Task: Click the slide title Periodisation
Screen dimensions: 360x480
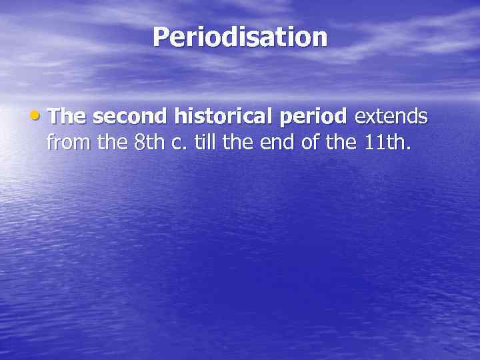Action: click(x=240, y=37)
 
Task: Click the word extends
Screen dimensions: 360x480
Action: click(x=391, y=117)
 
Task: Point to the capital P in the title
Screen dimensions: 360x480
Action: click(x=161, y=37)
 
